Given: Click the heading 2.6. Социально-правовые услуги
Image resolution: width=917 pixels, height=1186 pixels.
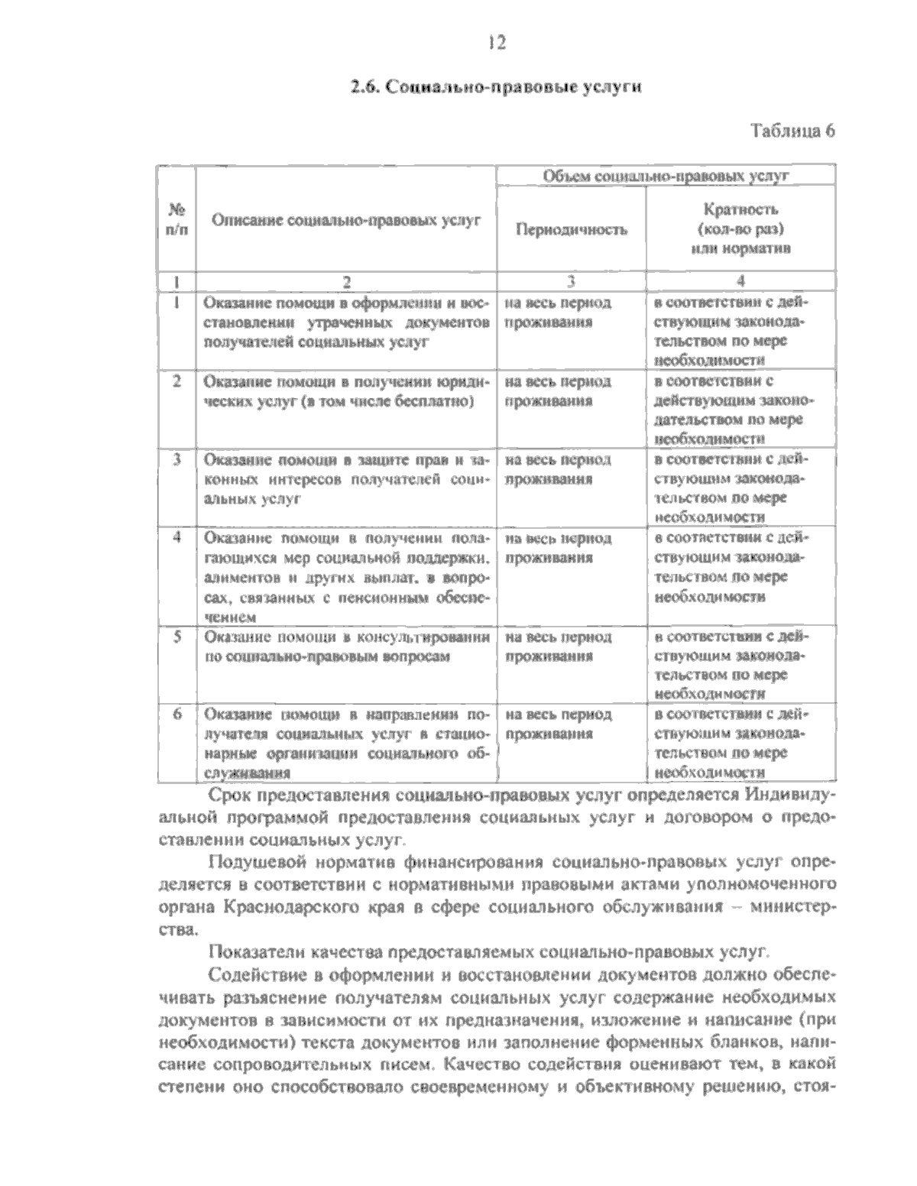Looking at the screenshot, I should pyautogui.click(x=494, y=86).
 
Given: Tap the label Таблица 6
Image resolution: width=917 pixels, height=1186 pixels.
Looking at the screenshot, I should pyautogui.click(x=792, y=130).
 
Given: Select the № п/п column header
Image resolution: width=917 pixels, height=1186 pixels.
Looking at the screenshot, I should pyautogui.click(x=177, y=219).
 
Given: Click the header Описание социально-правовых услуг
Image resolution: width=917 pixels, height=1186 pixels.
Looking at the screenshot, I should pyautogui.click(x=345, y=221).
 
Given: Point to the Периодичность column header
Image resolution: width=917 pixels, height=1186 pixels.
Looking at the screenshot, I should pyautogui.click(x=572, y=228).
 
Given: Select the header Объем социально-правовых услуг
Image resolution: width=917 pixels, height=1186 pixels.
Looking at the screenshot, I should pyautogui.click(x=665, y=176).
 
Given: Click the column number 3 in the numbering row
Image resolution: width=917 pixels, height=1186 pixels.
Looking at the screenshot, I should pyautogui.click(x=571, y=280).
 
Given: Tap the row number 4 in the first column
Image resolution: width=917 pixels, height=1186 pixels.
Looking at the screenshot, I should pyautogui.click(x=177, y=537).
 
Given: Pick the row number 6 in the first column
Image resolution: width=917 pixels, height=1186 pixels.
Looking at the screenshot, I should pyautogui.click(x=177, y=714).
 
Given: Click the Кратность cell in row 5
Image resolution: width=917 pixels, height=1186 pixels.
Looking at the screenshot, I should pyautogui.click(x=731, y=665).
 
